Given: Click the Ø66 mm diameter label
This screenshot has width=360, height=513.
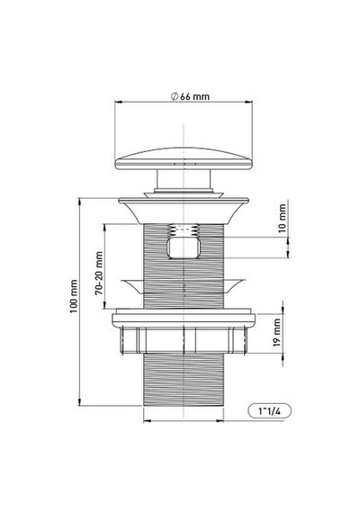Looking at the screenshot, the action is coord(190,96).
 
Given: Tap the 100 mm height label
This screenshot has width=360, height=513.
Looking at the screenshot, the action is coord(74,296).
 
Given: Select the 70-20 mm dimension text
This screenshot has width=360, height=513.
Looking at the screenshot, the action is coord(99,273).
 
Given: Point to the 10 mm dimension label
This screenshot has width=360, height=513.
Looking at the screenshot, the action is coord(282,218).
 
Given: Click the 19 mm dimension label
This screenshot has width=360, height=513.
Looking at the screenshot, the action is coord(277,332).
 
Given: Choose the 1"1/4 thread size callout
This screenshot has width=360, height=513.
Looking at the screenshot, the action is coord(269,411).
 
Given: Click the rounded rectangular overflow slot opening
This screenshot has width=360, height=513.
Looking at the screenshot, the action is coord(184,248).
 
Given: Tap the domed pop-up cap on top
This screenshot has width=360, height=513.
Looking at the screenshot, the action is coord(184,159).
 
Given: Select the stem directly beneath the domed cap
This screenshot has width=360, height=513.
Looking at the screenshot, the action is coord(184,179).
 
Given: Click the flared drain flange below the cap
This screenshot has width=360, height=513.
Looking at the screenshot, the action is coord(184,211).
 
